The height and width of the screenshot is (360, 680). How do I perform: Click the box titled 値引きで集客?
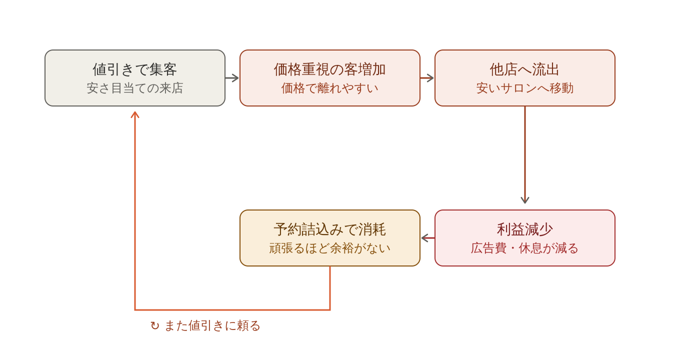pos(135,78)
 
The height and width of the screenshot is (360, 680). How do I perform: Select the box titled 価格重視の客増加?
pos(330,78)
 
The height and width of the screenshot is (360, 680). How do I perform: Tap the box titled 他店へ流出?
pos(525,78)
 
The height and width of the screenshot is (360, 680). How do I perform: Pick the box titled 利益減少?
pos(525,238)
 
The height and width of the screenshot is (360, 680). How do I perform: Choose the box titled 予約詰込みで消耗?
pos(330,238)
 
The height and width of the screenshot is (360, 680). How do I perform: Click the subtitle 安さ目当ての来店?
pos(135,88)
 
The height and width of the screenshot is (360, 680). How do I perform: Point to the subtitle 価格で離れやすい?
pos(330,88)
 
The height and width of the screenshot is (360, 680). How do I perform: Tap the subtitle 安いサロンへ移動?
pos(525,88)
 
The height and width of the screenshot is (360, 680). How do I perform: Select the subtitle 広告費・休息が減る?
pos(525,248)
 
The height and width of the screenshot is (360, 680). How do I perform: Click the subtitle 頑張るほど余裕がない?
pos(330,248)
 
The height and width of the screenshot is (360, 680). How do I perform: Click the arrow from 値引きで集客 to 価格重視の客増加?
pos(232,78)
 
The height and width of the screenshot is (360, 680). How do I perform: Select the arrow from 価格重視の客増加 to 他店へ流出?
pos(427,78)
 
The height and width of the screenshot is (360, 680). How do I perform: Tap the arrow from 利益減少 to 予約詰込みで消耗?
pos(427,238)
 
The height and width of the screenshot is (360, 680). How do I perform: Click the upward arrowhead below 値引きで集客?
pos(135,114)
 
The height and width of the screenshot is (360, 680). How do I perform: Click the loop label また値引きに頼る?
pos(212,325)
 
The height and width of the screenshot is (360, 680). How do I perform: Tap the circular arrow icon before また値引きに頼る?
pos(155,325)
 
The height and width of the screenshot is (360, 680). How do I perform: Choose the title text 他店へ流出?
pos(525,69)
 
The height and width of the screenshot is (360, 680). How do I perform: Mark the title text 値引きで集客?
pos(135,69)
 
